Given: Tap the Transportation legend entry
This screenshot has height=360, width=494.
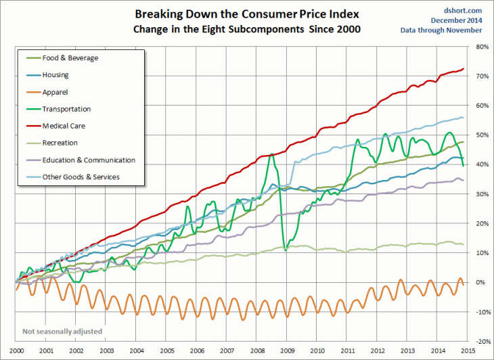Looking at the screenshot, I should pyautogui.click(x=66, y=109).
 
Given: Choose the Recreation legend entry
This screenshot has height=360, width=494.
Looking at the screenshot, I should pyautogui.click(x=60, y=143).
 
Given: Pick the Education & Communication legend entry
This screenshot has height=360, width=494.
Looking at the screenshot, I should pyautogui.click(x=88, y=160).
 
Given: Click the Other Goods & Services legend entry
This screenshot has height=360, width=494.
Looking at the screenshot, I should pyautogui.click(x=82, y=177).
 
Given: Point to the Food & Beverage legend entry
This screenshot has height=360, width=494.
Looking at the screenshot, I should pyautogui.click(x=70, y=58).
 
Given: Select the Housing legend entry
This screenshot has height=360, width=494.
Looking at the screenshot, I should pyautogui.click(x=55, y=74).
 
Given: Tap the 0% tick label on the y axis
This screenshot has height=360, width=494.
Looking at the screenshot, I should pyautogui.click(x=482, y=282).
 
